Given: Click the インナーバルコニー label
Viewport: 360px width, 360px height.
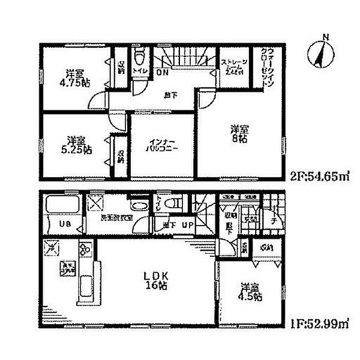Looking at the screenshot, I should coord(163,146).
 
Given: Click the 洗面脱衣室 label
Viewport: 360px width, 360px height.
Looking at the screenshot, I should coord(116,218).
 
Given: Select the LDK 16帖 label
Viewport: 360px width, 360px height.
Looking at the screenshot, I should coord(152,281).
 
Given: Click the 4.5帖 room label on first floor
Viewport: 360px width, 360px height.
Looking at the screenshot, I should coord(250,292).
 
